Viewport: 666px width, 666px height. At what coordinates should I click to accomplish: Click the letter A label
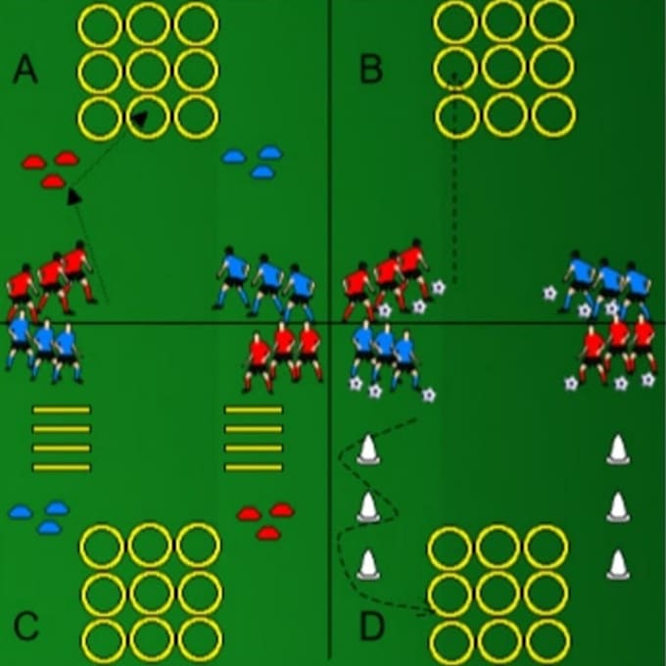pyautogui.click(x=25, y=71)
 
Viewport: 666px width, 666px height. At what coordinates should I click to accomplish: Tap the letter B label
pyautogui.click(x=371, y=70)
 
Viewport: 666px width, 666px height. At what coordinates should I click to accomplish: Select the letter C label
pyautogui.click(x=25, y=626)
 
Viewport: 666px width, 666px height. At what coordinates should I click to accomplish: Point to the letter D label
pyautogui.click(x=372, y=626)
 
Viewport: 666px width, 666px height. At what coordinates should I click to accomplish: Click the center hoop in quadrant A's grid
pyautogui.click(x=148, y=71)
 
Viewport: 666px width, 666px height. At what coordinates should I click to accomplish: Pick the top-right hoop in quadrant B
pyautogui.click(x=552, y=21)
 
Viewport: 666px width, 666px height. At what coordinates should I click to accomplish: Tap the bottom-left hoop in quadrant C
pyautogui.click(x=104, y=641)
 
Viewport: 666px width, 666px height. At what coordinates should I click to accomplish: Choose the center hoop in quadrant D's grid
pyautogui.click(x=499, y=594)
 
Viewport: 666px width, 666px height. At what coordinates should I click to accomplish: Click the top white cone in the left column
pyautogui.click(x=368, y=450)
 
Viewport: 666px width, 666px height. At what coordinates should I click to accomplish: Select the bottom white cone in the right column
pyautogui.click(x=618, y=564)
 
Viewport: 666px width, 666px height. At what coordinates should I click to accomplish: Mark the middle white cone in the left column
pyautogui.click(x=368, y=506)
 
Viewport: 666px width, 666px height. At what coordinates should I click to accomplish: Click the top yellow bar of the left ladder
pyautogui.click(x=62, y=409)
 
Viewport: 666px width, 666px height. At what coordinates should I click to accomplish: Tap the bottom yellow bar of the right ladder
pyautogui.click(x=254, y=467)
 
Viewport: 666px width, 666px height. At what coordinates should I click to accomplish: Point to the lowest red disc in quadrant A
pyautogui.click(x=53, y=182)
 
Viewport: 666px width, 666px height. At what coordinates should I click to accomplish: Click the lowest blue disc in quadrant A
pyautogui.click(x=262, y=172)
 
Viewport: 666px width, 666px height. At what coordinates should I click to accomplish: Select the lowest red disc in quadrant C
pyautogui.click(x=268, y=533)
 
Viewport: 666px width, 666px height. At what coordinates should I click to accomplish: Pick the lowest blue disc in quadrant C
pyautogui.click(x=50, y=528)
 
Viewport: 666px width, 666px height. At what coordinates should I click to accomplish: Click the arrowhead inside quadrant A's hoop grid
pyautogui.click(x=139, y=119)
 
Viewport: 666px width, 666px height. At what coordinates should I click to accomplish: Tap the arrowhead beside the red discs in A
pyautogui.click(x=74, y=197)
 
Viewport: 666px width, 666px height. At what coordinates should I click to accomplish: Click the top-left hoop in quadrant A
pyautogui.click(x=100, y=24)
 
